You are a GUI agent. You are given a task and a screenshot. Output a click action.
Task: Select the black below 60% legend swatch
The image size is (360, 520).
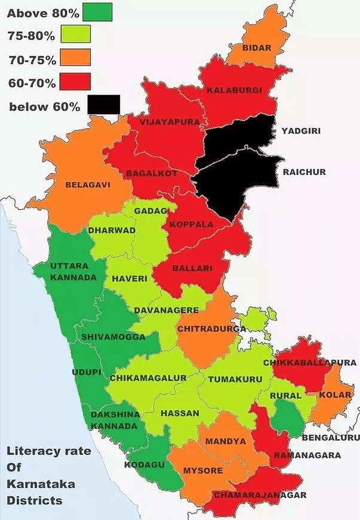103,105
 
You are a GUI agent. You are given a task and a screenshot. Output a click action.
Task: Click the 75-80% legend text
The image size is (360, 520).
31,36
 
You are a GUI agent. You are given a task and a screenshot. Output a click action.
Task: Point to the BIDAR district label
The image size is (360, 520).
257,48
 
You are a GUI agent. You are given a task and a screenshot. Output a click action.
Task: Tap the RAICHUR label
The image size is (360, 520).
304,172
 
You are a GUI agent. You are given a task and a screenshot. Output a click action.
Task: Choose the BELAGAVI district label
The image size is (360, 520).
88,184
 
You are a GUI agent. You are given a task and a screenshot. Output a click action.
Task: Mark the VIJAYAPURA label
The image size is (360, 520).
161,121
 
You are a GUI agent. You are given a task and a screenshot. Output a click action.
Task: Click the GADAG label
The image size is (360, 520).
147,211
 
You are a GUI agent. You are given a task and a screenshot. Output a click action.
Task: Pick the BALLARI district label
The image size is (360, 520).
192,269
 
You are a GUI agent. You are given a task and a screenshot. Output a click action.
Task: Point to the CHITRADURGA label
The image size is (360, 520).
212,329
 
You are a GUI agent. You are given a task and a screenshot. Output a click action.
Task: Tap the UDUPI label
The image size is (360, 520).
86,372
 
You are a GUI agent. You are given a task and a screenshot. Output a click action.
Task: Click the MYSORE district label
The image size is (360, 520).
203,470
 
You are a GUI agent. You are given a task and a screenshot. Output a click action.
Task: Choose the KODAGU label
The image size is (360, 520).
144,464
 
